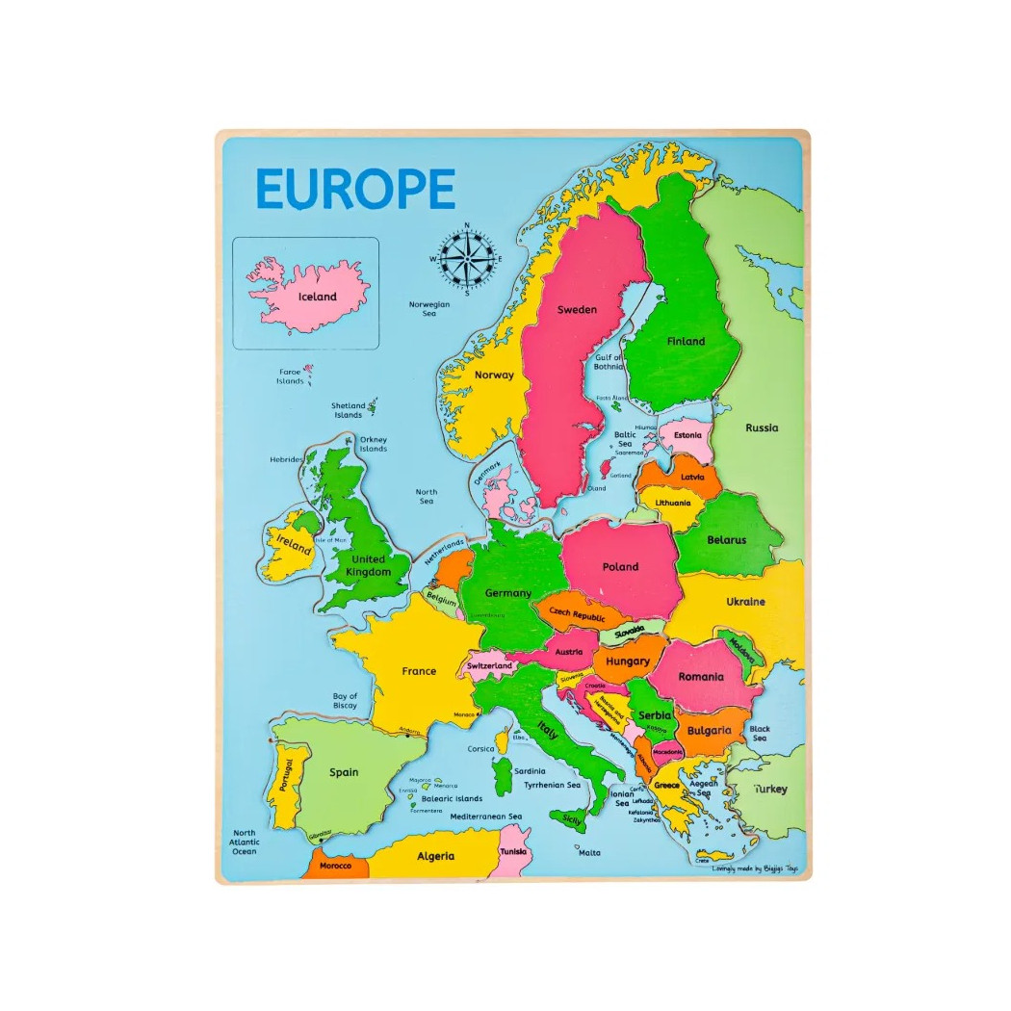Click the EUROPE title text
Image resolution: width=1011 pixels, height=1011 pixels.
tap(355, 189)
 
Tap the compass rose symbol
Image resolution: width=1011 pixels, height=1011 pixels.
tap(467, 259)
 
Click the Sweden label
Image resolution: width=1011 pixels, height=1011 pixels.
tap(577, 310)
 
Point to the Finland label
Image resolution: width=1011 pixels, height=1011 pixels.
tap(686, 341)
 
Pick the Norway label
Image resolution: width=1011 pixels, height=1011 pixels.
tap(495, 376)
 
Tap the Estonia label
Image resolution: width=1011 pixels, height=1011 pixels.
tap(687, 435)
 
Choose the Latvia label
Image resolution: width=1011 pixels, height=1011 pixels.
tap(691, 477)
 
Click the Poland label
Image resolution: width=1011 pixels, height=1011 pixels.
tap(620, 567)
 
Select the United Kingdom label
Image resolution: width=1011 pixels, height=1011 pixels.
tap(369, 565)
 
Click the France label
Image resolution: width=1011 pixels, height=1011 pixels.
tap(419, 671)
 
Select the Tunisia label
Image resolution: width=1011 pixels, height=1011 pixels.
tap(513, 851)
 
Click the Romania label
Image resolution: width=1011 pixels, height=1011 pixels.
tap(700, 676)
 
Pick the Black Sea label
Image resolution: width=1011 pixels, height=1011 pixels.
tap(760, 734)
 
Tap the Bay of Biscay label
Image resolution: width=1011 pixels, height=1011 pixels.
tap(345, 701)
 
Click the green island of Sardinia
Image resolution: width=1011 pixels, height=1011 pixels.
tap(503, 776)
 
